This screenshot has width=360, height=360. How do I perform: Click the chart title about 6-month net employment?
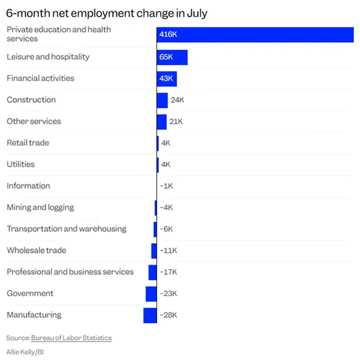tap(106, 13)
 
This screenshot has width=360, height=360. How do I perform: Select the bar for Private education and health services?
tap(255, 34)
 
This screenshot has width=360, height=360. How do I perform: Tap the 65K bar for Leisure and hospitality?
tap(172, 57)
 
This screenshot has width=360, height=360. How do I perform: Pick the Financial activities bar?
tap(167, 78)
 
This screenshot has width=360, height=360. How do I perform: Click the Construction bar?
tap(162, 100)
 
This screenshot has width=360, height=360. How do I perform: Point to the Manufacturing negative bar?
tap(150, 315)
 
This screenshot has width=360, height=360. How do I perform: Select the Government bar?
tap(151, 294)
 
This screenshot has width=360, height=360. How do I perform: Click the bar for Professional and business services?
tap(153, 272)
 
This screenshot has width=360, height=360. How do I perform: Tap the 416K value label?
tap(169, 35)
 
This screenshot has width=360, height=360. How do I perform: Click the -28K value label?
tap(169, 315)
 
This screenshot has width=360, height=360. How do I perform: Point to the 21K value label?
tap(176, 122)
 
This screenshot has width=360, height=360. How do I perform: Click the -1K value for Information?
tap(166, 186)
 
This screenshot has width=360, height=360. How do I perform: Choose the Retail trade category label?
tap(28, 143)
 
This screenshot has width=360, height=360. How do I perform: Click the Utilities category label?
tap(21, 165)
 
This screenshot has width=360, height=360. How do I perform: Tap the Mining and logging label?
tap(41, 207)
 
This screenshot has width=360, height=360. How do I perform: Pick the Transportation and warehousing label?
tap(66, 229)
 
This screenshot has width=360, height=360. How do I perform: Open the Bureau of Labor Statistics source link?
tap(71, 338)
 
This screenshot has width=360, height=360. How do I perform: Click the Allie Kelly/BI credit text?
tap(25, 352)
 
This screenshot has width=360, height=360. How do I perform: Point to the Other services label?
tap(34, 122)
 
